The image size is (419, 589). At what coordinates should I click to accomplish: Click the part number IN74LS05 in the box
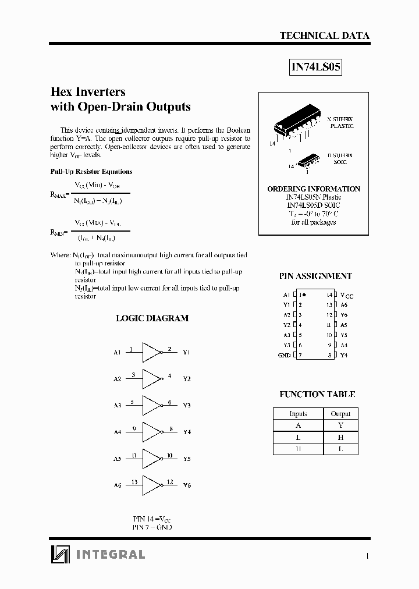coord(315,67)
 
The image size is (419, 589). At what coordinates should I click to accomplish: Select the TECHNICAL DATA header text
coord(324,36)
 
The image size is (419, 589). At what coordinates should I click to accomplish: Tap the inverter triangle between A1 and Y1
coord(151,352)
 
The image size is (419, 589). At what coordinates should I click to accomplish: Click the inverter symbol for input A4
coord(151,432)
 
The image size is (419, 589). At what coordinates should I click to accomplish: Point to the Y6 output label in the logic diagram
coord(187,485)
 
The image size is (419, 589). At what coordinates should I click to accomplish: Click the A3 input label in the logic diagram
coord(117,405)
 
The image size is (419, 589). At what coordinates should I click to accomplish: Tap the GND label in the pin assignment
coord(284,355)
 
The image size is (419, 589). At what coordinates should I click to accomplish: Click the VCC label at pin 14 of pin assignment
coord(346,296)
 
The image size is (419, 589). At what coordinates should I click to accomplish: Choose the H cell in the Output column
coord(340,437)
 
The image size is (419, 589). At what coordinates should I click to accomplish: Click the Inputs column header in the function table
coord(298,413)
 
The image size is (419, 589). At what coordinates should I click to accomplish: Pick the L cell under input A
coord(298,437)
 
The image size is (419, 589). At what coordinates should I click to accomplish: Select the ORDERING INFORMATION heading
coord(314,189)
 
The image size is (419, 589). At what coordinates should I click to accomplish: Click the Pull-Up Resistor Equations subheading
coord(91,172)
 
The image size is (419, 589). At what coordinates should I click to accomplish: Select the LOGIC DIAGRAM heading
coord(152,318)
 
